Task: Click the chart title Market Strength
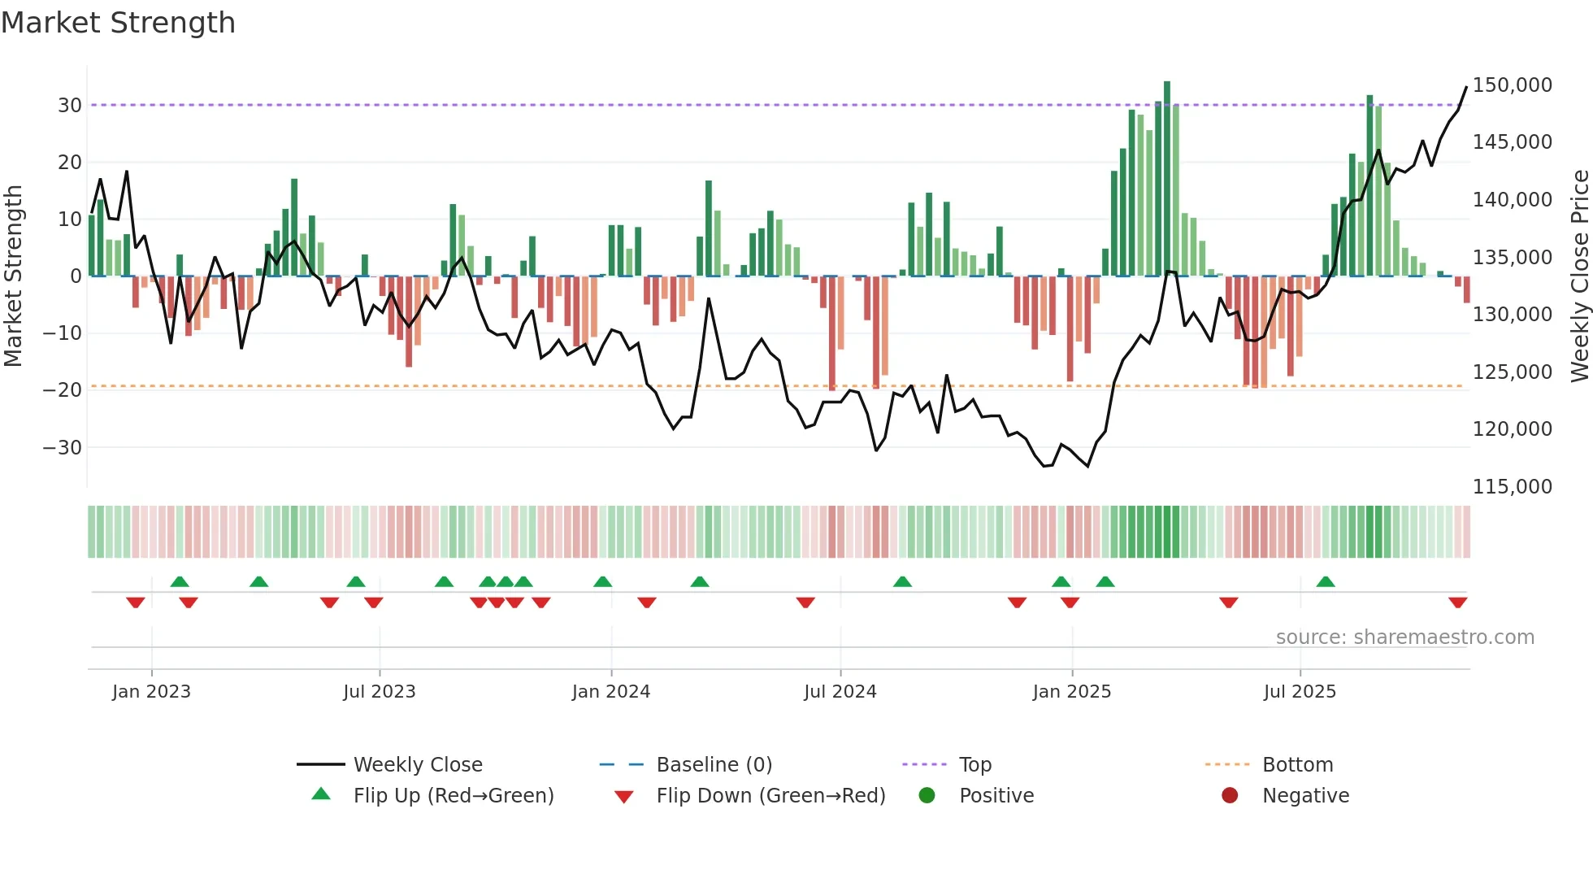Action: tap(118, 23)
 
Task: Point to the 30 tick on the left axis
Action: tap(69, 106)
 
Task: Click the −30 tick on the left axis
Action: tap(63, 448)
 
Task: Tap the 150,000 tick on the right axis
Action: tap(1512, 85)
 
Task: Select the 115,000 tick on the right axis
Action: tap(1512, 487)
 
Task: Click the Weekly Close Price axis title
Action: tap(1579, 276)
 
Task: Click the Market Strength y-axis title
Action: tap(13, 276)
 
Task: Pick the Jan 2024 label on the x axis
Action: tap(610, 692)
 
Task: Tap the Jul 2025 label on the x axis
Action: tap(1299, 692)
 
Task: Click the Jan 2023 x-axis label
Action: tap(151, 692)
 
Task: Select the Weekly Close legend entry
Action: tap(418, 765)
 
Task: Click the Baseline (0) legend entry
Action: tap(714, 765)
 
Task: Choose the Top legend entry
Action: tap(974, 765)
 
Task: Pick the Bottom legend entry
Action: tap(1297, 765)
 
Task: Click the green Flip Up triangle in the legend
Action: tap(321, 794)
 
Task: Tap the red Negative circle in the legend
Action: tap(1230, 795)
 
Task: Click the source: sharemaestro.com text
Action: tap(1404, 637)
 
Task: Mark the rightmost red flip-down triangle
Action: tap(1457, 602)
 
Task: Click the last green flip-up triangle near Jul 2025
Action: tap(1326, 581)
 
